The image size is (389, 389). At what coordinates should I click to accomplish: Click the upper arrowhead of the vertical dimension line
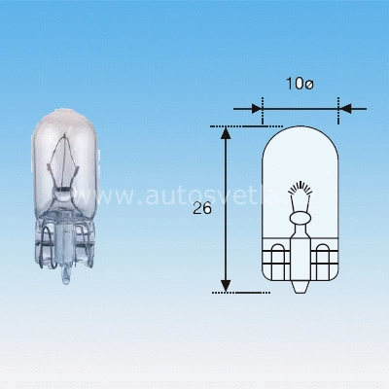pos(226,130)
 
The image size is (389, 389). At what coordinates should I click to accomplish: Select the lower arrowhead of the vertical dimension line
pos(226,285)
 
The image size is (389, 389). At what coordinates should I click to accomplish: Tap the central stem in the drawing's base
pos(301,267)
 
